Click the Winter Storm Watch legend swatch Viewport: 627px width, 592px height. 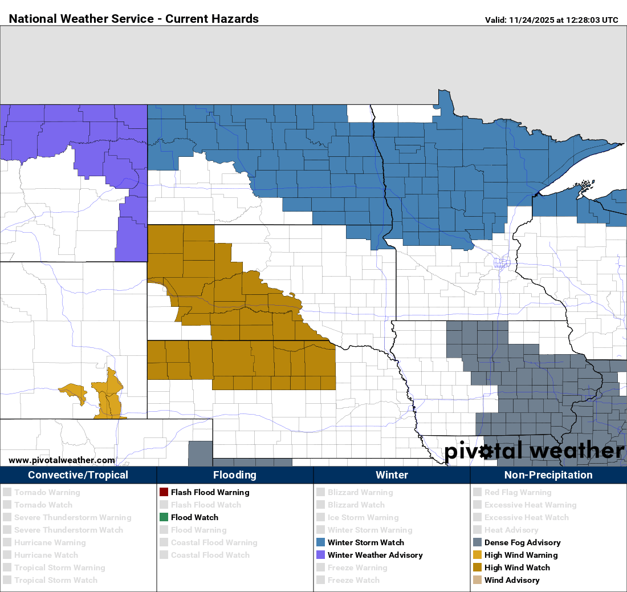point(320,542)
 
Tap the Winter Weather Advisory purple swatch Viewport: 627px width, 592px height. point(320,555)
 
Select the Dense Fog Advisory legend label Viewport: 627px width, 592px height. point(522,542)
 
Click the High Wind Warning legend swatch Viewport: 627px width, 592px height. point(477,555)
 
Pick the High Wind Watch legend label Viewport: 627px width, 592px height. point(517,567)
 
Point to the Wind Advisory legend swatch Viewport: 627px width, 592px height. point(477,580)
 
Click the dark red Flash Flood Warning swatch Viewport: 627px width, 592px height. point(164,492)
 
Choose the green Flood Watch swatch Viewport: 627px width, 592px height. point(164,517)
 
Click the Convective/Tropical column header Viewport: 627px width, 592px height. point(78,475)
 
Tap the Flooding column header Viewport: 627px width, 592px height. point(235,475)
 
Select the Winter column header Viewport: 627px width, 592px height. point(392,475)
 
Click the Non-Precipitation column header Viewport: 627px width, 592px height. point(548,475)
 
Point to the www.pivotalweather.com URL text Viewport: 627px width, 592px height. point(62,460)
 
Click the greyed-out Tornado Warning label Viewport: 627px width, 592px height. point(47,492)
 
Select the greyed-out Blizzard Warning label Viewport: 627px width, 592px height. point(360,492)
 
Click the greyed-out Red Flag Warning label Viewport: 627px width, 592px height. point(518,492)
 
